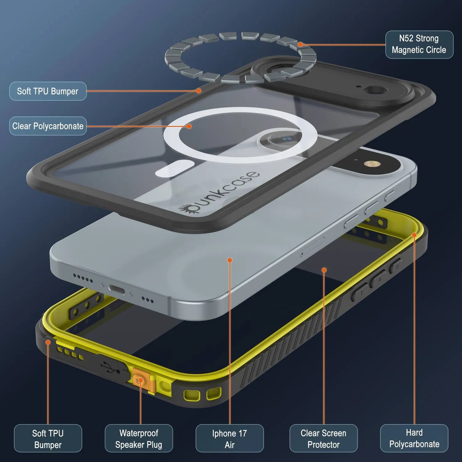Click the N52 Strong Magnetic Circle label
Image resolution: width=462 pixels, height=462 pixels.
point(419,44)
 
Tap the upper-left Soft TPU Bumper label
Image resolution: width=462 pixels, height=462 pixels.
point(48,91)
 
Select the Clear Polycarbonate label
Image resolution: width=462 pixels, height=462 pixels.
point(48,126)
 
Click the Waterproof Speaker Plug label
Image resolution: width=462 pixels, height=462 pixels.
point(139,438)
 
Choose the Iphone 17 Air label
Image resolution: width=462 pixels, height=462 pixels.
point(229,438)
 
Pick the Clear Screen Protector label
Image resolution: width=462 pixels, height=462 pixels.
point(323,438)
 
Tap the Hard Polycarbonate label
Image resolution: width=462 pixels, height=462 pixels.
point(414,438)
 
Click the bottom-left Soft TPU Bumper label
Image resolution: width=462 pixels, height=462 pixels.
point(48,438)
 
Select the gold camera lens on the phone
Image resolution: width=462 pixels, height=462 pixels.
point(368,164)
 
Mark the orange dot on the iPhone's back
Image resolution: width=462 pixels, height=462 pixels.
point(229,260)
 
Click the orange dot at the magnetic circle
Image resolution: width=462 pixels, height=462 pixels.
point(300,45)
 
